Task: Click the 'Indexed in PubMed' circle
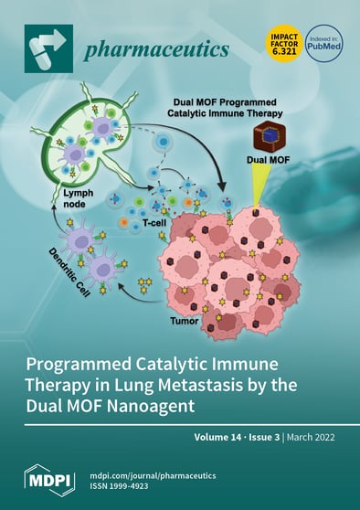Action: click(323, 43)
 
